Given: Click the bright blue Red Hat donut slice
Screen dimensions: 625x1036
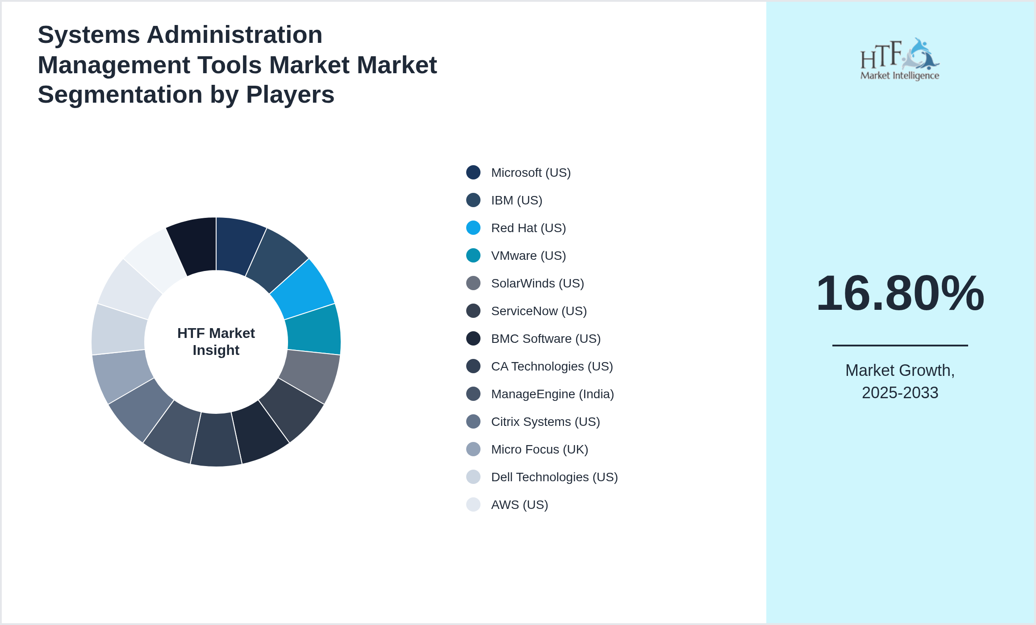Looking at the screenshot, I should [304, 288].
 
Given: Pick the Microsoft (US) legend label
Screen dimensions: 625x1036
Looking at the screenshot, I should [531, 173].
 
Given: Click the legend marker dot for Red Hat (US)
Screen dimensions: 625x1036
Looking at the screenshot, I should [473, 228].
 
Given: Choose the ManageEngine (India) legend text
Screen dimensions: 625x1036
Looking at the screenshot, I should [552, 394].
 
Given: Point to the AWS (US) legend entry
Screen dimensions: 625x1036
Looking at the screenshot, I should [519, 505].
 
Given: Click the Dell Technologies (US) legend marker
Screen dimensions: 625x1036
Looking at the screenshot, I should [473, 477].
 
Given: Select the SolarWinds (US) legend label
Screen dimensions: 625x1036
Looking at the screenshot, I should [537, 283].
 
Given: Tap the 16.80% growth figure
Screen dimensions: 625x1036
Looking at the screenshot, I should [900, 294].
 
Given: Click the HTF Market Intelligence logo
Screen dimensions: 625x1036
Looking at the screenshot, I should [900, 59].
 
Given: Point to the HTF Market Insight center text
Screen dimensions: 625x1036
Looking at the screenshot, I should [216, 342].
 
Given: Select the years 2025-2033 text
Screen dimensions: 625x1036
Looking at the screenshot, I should [900, 393].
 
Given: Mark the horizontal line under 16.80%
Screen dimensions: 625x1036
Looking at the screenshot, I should [900, 345].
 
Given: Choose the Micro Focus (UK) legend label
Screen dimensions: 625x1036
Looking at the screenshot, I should [539, 450].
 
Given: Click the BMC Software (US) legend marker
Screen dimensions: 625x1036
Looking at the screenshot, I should [473, 338].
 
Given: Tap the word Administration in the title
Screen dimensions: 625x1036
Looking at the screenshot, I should [234, 35].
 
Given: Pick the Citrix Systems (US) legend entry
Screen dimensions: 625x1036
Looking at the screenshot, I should [545, 422].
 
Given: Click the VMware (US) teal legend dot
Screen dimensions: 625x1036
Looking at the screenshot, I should [473, 255].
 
